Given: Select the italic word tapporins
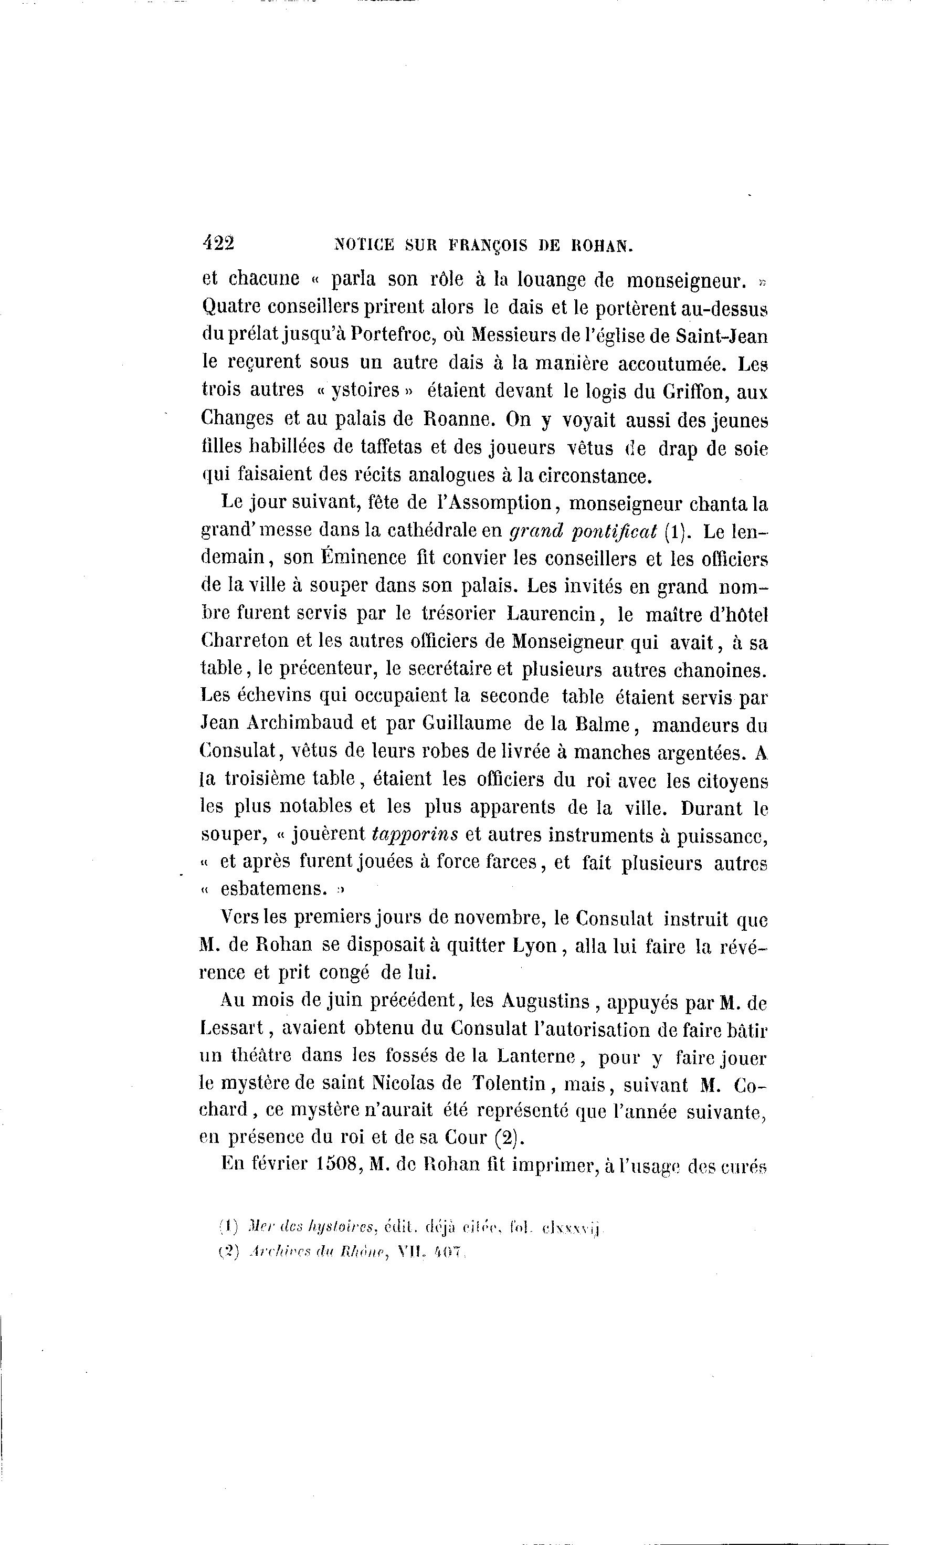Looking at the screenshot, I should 415,835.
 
